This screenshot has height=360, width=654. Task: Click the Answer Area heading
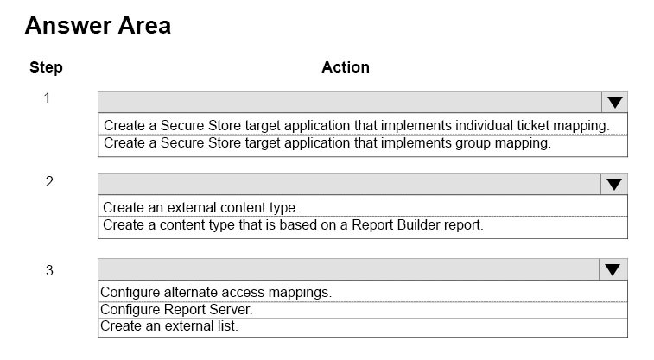click(x=98, y=25)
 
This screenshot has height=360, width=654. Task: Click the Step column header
click(x=46, y=67)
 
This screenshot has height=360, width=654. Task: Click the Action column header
click(x=346, y=67)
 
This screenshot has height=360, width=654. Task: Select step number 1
click(x=48, y=98)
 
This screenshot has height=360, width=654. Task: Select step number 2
click(x=49, y=181)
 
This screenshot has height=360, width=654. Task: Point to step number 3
click(x=49, y=270)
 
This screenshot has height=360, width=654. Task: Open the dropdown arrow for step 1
click(x=615, y=102)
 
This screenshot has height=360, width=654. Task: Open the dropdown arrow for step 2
click(x=614, y=184)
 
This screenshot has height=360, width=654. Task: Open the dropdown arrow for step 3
click(x=613, y=269)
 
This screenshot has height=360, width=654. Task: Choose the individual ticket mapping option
click(x=357, y=125)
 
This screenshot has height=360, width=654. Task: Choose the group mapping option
click(x=327, y=143)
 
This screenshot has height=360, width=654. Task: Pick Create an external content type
click(x=201, y=207)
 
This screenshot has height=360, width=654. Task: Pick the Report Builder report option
click(x=293, y=225)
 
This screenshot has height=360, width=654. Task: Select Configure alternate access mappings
click(x=216, y=293)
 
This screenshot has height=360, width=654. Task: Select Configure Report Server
click(x=176, y=310)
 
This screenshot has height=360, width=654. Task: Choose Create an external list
click(x=169, y=325)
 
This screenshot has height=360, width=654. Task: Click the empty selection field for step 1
click(x=350, y=102)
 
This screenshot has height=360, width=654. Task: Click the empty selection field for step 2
click(x=350, y=184)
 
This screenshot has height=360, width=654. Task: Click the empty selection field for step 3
click(x=349, y=269)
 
